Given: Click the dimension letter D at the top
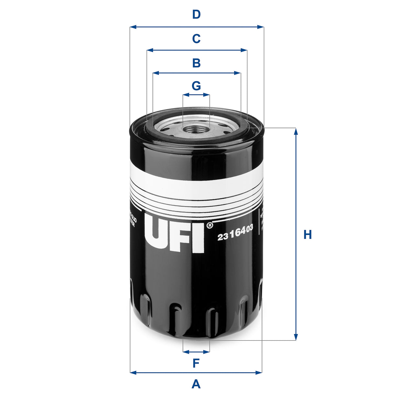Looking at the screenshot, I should (x=196, y=15).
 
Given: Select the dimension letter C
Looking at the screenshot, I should (x=196, y=39).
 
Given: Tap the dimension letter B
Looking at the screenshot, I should (x=196, y=63).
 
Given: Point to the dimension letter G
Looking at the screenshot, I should (x=196, y=86).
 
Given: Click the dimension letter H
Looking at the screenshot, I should (x=307, y=235).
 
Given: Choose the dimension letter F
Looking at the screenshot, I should (x=196, y=364).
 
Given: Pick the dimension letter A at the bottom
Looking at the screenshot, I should (x=196, y=384).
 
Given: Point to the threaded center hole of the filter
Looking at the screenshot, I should (x=196, y=129).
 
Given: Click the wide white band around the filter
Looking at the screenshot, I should (x=196, y=185).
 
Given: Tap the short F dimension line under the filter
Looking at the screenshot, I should (x=196, y=352).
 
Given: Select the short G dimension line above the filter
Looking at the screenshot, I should (x=196, y=95).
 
